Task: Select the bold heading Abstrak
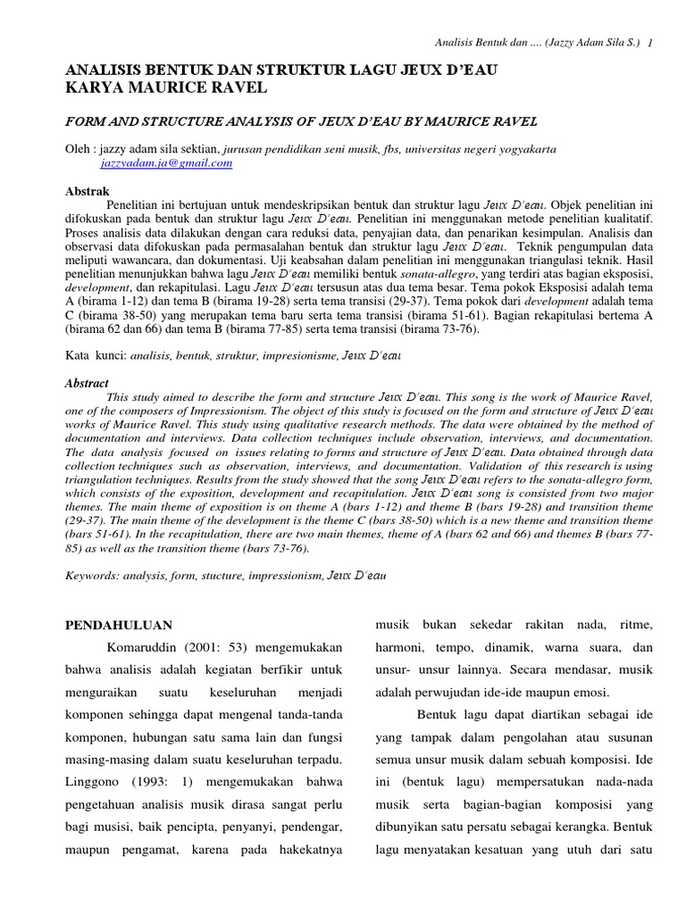pyautogui.click(x=88, y=191)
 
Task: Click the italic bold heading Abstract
pyautogui.click(x=88, y=382)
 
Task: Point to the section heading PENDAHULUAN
pyautogui.click(x=120, y=625)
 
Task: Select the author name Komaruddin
pyautogui.click(x=142, y=647)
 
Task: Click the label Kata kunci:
pyautogui.click(x=96, y=355)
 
